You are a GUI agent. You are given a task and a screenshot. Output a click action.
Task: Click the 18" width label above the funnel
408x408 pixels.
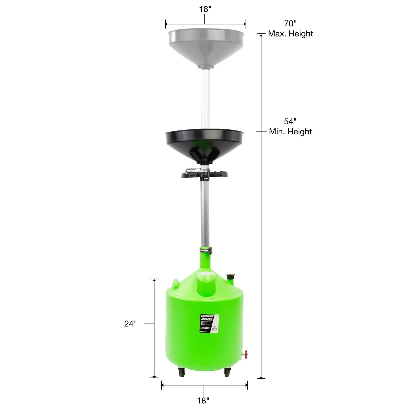coord(205,9)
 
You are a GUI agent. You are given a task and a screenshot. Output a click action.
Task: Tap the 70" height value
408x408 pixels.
coord(290,24)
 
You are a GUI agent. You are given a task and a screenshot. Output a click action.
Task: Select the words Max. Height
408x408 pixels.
coord(290,34)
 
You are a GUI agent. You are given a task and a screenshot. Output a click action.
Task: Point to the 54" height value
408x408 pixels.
coord(290,121)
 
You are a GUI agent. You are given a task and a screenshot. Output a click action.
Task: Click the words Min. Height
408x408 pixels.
coord(290,132)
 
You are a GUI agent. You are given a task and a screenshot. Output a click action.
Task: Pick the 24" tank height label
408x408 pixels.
coord(130,324)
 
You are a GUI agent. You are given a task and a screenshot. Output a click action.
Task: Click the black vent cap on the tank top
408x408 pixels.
coord(230,277)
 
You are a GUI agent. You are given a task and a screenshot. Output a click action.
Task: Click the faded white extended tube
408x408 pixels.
coord(205,98)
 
